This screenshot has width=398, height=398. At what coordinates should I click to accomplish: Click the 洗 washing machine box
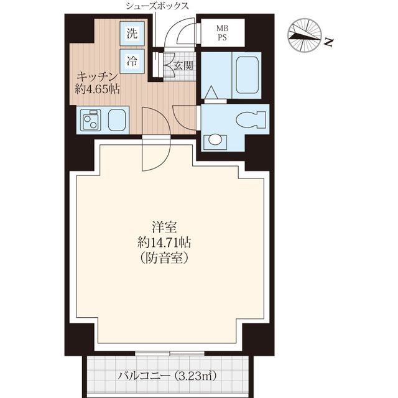click(x=132, y=34)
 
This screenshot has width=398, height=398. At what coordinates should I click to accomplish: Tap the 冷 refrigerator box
click(x=132, y=62)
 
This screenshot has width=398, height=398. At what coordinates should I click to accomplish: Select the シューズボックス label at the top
click(x=157, y=6)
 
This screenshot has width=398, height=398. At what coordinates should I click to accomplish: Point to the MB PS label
click(x=222, y=33)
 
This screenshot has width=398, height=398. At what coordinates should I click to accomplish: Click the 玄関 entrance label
click(x=183, y=66)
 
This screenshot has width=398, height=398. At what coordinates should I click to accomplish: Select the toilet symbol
click(x=251, y=119)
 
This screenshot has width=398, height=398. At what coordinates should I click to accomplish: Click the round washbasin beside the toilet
click(x=215, y=139)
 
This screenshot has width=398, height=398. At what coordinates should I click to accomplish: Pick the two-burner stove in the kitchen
click(x=90, y=120)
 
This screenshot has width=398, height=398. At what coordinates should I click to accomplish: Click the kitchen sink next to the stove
click(x=117, y=120)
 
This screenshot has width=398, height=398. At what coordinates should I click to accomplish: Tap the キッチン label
click(x=97, y=76)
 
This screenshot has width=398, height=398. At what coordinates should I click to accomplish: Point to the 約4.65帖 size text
click(x=97, y=89)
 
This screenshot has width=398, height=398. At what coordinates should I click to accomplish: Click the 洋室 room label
click(x=164, y=227)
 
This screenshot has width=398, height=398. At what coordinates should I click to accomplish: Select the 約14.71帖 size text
click(x=164, y=243)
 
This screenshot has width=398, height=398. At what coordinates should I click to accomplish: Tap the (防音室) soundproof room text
click(x=164, y=258)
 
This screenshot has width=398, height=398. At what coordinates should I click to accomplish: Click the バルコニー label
click(x=144, y=376)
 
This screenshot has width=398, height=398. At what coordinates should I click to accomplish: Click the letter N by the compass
click(x=329, y=42)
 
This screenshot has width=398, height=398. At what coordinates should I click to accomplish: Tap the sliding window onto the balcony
click(x=170, y=353)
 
